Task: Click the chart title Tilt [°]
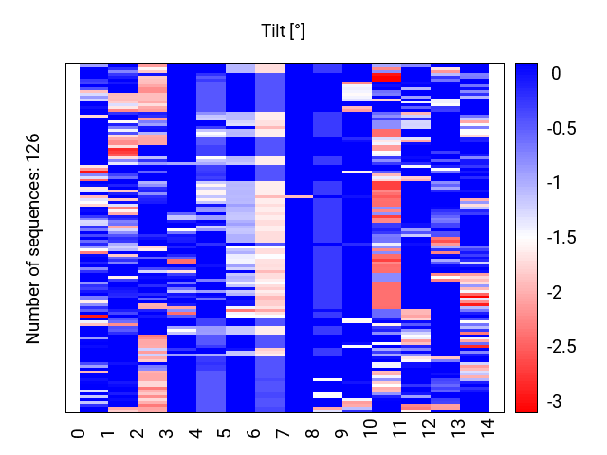pos(283,31)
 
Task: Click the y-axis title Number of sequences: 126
pos(32,239)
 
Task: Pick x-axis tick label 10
pos(371,428)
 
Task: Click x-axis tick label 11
pos(400,428)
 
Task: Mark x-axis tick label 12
pos(430,428)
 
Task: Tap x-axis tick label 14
pos(488,428)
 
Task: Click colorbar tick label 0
pos(556,73)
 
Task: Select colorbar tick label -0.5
pos(561,128)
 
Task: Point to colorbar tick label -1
pos(554,183)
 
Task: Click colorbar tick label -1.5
pos(561,237)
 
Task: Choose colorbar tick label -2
pos(554,292)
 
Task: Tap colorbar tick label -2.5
pos(561,347)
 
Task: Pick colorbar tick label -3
pos(554,401)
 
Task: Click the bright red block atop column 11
pos(386,78)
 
